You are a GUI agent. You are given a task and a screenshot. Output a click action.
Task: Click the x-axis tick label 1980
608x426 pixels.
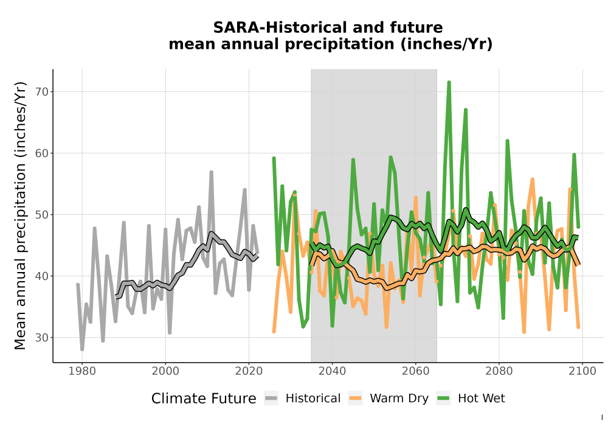point(82,371)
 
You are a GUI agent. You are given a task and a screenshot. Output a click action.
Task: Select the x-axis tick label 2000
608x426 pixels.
point(165,371)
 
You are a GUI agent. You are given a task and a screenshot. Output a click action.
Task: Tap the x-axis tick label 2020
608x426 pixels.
point(249,371)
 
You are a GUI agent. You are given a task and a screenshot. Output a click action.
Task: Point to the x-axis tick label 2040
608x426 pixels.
point(333,371)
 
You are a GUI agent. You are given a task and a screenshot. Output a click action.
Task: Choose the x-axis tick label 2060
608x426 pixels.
point(416,371)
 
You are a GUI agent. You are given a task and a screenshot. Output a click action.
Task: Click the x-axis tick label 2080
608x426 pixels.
point(499,371)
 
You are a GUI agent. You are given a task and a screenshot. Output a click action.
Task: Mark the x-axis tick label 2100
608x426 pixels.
point(582,371)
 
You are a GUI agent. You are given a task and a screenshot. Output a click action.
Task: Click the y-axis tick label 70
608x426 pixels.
point(42,92)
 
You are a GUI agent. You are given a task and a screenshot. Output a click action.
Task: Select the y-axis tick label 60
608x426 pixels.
point(42,153)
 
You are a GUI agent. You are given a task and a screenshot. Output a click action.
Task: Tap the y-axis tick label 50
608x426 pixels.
point(42,215)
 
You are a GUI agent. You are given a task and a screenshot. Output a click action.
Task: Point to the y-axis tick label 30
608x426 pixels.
point(42,338)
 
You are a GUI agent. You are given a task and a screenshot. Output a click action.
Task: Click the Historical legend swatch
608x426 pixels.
point(271,399)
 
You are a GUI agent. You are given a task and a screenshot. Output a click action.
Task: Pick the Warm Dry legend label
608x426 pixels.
point(399,399)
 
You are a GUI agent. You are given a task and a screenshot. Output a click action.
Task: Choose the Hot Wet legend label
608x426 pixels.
point(481,399)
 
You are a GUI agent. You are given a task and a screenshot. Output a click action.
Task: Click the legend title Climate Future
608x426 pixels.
point(204,399)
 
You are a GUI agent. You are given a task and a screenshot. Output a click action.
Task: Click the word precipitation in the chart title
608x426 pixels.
point(339,44)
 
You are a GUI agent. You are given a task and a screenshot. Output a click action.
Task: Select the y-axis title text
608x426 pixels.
point(20,215)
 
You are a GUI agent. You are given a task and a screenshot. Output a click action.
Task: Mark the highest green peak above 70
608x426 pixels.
point(449,83)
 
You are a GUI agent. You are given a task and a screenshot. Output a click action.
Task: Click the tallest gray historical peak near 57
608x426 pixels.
point(212,172)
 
